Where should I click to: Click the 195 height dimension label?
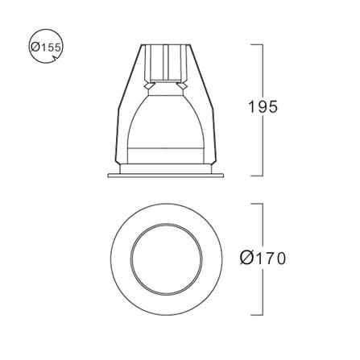(263, 107)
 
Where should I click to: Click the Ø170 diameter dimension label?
(263, 259)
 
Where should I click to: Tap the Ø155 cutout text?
(46, 48)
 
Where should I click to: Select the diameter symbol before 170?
(246, 259)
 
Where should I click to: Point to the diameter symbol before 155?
(35, 48)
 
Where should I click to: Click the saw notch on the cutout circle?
(56, 58)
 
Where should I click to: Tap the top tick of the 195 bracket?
(257, 44)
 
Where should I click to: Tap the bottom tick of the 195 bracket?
(257, 176)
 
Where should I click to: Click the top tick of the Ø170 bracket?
(257, 204)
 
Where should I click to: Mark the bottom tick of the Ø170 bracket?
(257, 315)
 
